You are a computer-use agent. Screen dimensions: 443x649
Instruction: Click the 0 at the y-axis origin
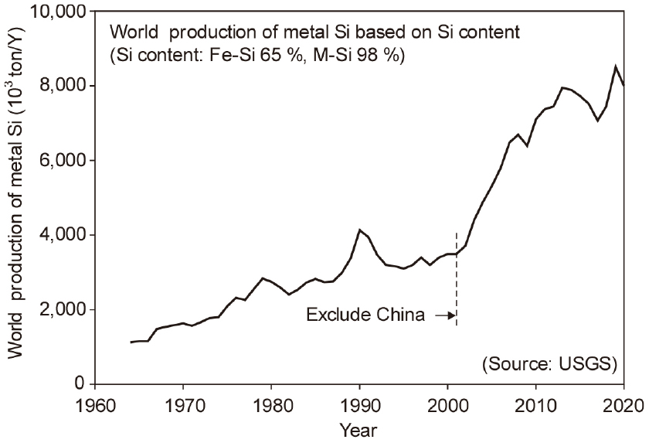coord(79,384)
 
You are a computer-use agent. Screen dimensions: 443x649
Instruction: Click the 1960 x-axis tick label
coord(94,403)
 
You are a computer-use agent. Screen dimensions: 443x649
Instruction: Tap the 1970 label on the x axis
coord(182,403)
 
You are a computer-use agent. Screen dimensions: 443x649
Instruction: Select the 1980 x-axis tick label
coord(271,403)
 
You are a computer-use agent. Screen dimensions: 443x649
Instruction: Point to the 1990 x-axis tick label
coord(359,403)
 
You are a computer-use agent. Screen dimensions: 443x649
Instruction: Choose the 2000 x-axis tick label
coord(447,403)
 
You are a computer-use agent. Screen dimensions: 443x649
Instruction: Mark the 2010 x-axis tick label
coord(536,403)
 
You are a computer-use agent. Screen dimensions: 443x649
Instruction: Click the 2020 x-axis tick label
coord(624,403)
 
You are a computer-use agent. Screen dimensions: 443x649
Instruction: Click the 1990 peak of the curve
coord(359,230)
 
